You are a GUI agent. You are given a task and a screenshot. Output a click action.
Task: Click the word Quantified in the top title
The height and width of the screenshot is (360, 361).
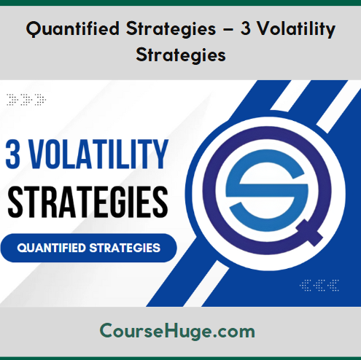(73, 29)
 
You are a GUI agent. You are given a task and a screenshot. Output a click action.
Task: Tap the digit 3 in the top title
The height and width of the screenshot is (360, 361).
(246, 28)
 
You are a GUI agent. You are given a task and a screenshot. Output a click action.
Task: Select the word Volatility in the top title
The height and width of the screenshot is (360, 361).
(296, 29)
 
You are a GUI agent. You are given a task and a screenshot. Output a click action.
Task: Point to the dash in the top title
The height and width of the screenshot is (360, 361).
(228, 30)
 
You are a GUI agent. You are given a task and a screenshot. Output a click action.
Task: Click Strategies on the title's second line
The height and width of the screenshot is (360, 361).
(181, 55)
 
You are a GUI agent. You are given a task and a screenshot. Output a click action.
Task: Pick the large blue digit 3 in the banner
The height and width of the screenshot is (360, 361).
(13, 154)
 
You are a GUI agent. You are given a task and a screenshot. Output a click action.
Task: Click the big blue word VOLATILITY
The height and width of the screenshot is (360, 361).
(98, 154)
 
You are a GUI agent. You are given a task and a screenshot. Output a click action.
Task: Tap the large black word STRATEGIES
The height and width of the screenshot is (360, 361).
(88, 203)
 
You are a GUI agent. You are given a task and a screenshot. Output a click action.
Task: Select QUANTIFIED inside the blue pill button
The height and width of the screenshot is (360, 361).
(52, 248)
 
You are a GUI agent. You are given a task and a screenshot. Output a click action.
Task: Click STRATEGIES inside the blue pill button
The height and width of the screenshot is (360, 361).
(125, 248)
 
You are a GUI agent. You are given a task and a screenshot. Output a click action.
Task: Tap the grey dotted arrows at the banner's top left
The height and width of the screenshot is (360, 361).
(26, 100)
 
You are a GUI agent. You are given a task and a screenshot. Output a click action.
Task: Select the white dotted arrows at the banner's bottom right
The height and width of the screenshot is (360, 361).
(319, 285)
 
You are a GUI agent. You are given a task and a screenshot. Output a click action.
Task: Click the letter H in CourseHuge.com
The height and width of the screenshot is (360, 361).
(171, 331)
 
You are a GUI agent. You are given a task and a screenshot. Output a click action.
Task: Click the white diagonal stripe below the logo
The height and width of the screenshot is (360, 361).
(206, 283)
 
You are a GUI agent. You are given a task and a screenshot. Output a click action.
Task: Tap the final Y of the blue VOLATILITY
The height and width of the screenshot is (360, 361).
(160, 154)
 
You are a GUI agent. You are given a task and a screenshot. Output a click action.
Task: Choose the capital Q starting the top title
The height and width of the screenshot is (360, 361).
(33, 29)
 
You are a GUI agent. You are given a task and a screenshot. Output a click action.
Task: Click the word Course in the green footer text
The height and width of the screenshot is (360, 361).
(131, 331)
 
